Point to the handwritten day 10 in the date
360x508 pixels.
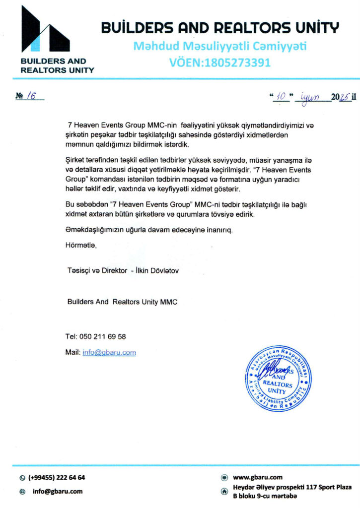[x=281, y=97]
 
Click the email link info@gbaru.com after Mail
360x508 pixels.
[x=109, y=352]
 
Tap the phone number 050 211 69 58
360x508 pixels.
[x=102, y=336]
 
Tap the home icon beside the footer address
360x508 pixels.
[x=224, y=492]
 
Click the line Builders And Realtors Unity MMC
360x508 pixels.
[x=122, y=302]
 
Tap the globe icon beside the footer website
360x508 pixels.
[x=224, y=477]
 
